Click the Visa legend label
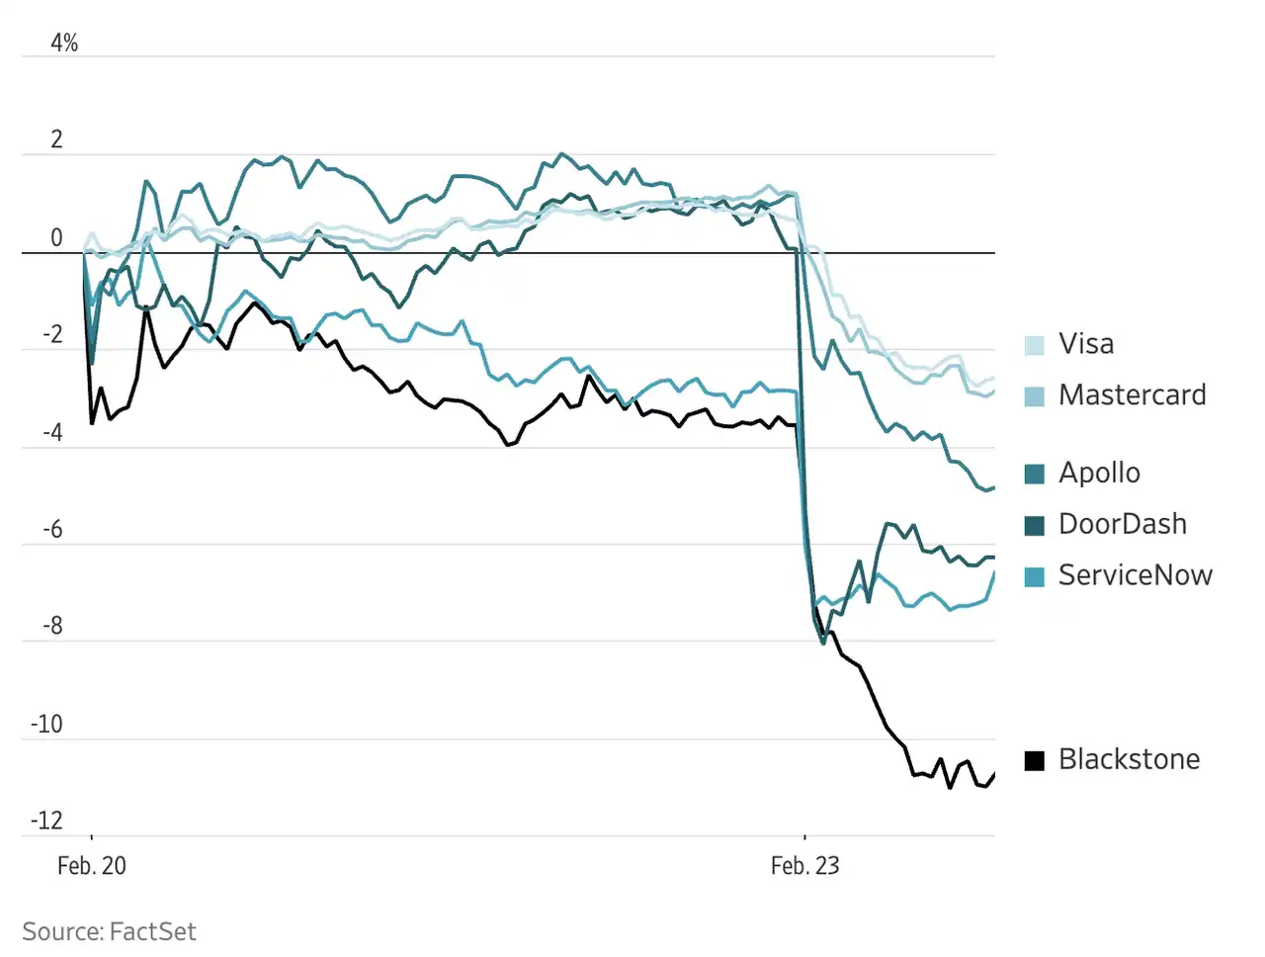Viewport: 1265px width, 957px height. click(x=1085, y=344)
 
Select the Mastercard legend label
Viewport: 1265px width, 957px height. click(x=1132, y=395)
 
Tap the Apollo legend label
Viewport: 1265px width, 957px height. click(x=1099, y=473)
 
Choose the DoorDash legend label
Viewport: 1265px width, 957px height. click(x=1122, y=524)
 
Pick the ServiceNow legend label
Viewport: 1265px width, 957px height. click(x=1135, y=575)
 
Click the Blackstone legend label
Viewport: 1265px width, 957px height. click(x=1129, y=759)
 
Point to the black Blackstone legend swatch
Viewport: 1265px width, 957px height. click(x=1035, y=760)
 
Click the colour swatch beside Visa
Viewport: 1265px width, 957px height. click(x=1035, y=345)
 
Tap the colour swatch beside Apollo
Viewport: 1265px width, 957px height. click(x=1035, y=474)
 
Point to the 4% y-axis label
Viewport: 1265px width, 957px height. click(x=64, y=43)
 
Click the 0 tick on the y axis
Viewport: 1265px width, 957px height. click(x=56, y=237)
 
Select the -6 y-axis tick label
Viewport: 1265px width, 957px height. click(x=51, y=529)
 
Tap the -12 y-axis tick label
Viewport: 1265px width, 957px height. click(x=46, y=821)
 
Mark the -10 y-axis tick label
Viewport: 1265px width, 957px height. click(x=46, y=724)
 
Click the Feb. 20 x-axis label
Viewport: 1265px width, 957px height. click(x=92, y=866)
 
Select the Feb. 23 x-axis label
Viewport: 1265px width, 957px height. click(x=804, y=866)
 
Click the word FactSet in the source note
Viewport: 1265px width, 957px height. click(x=152, y=931)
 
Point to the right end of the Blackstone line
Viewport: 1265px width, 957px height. click(x=994, y=774)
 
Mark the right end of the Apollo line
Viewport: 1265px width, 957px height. click(x=994, y=487)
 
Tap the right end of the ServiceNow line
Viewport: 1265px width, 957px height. click(x=994, y=572)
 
